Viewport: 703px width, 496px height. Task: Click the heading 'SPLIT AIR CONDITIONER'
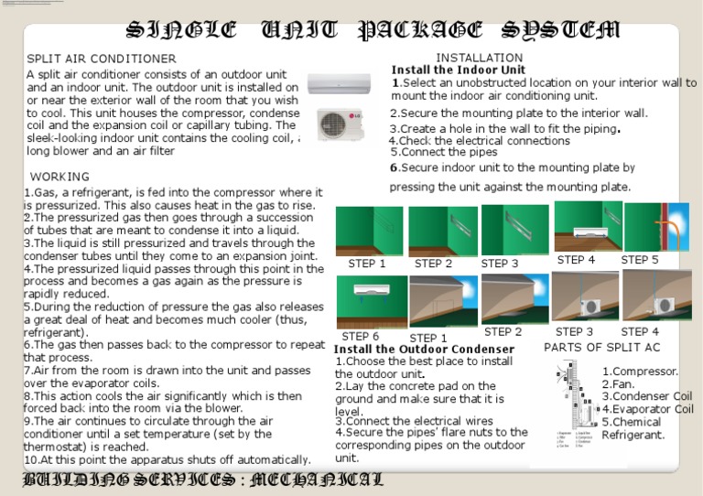pos(102,59)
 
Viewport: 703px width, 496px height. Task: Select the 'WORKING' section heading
pos(60,177)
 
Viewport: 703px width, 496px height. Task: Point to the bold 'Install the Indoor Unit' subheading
pos(459,70)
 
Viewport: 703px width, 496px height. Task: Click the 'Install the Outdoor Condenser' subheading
pos(424,350)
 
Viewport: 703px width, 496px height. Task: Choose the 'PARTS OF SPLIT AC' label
pos(601,348)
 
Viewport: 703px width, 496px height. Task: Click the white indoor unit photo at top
pos(339,84)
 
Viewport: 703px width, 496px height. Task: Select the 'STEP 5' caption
pos(640,260)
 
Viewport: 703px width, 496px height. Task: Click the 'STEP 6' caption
pos(360,336)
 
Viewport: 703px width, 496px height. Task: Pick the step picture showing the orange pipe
pos(656,227)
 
